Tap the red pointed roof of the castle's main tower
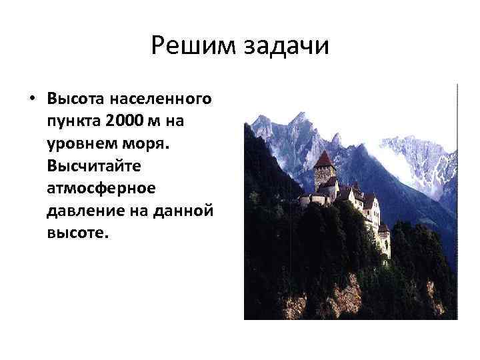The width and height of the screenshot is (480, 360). click(x=323, y=159)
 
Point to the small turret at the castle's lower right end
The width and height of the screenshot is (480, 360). click(x=383, y=234)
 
